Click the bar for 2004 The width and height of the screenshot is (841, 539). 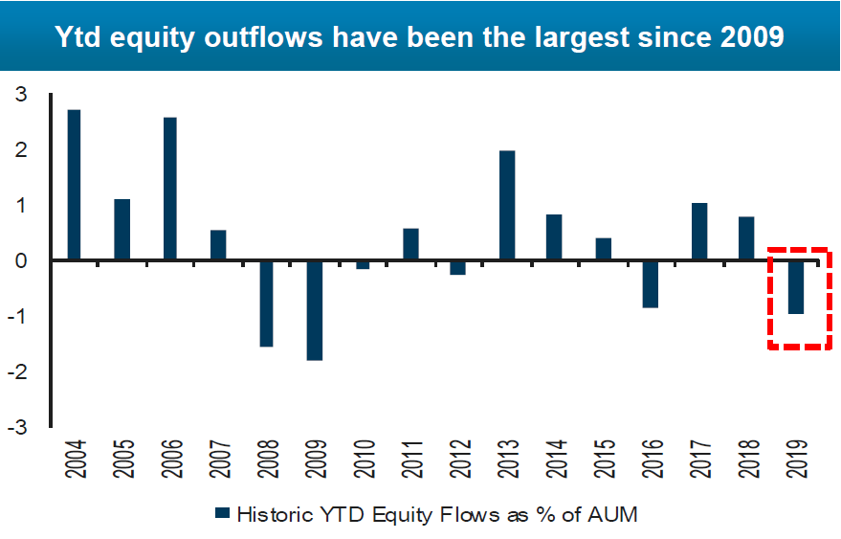(74, 185)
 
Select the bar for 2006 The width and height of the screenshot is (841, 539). (170, 189)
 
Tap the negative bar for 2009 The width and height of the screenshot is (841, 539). (315, 310)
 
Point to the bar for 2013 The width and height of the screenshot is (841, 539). (507, 205)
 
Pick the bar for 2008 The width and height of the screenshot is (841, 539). (267, 303)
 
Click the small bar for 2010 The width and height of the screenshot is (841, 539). (363, 264)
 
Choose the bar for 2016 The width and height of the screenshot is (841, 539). (651, 284)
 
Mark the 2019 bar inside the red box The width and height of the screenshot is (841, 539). (795, 287)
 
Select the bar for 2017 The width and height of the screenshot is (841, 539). (699, 232)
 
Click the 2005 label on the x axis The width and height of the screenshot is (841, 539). (123, 459)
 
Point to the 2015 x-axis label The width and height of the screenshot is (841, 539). (604, 459)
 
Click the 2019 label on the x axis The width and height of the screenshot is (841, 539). (796, 459)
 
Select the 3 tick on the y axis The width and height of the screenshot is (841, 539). (20, 95)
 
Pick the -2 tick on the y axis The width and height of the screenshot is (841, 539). (16, 371)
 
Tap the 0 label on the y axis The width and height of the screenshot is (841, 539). (20, 261)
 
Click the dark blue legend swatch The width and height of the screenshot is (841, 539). (222, 513)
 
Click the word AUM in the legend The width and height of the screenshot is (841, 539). (612, 514)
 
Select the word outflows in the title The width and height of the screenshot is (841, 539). (263, 36)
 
